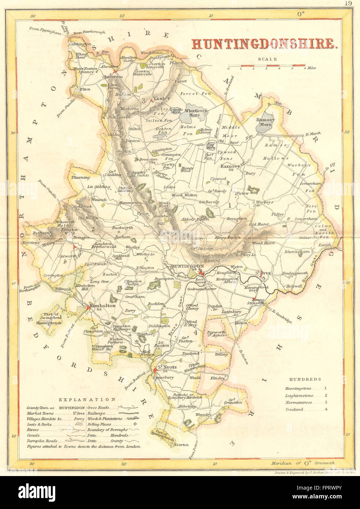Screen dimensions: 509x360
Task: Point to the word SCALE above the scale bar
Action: point(267,59)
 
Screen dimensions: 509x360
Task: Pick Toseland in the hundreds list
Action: point(294,409)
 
